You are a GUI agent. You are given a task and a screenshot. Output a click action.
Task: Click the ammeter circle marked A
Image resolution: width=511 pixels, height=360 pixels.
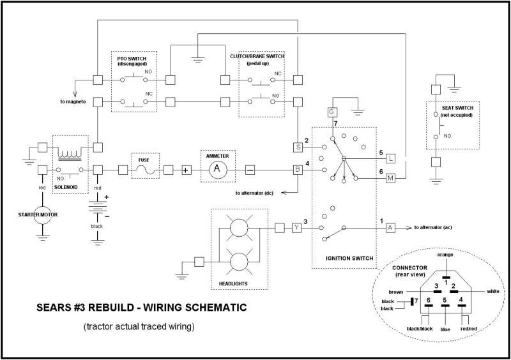[217, 170]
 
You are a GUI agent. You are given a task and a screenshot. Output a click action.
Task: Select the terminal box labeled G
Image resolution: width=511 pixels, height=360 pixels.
[332, 111]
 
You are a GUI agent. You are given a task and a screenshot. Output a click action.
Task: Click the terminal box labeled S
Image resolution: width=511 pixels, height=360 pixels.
[297, 147]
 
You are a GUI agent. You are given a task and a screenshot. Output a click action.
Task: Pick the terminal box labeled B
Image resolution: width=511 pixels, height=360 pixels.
[297, 170]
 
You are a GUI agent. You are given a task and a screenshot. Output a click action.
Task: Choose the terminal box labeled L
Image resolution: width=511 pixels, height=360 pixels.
[391, 158]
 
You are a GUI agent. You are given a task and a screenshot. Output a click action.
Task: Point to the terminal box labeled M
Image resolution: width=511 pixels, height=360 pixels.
[391, 178]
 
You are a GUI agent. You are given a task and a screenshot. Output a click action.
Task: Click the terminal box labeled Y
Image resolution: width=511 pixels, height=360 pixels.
[296, 227]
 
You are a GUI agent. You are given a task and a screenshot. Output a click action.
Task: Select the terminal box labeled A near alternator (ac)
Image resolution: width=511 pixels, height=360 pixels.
[391, 227]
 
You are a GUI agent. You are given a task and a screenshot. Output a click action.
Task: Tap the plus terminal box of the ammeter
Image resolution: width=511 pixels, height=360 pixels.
[187, 170]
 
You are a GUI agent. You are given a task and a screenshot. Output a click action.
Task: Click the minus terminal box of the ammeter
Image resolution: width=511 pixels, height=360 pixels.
[250, 170]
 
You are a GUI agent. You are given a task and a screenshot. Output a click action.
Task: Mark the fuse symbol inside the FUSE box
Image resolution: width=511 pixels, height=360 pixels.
[144, 170]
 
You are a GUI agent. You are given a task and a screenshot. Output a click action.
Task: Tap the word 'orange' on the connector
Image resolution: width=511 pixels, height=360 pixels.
[445, 254]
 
